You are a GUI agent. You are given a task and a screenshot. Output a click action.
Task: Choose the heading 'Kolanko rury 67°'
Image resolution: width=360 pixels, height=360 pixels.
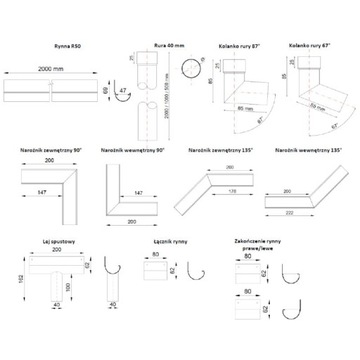(x=311, y=47)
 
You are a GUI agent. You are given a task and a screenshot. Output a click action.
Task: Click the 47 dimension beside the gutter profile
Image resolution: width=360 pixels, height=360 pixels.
(x=124, y=96)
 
